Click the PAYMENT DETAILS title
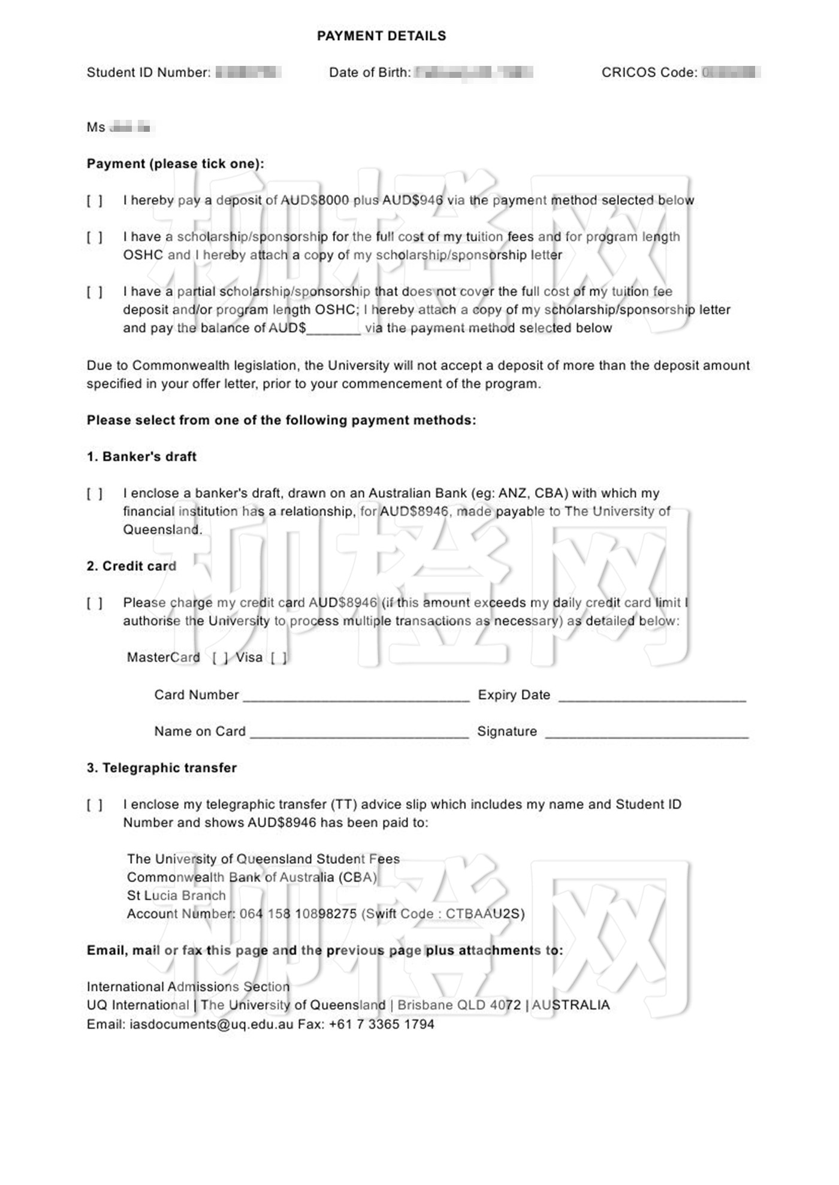point(381,36)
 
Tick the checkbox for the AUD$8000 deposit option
point(95,201)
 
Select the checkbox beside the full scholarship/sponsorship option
point(95,237)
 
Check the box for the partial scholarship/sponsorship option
point(95,292)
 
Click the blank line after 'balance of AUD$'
point(333,329)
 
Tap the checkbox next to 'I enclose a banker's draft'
point(95,494)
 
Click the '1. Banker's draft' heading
point(141,457)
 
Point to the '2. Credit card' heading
point(131,566)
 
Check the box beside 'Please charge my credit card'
point(95,603)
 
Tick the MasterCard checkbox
point(220,658)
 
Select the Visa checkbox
point(278,658)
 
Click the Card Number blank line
point(356,696)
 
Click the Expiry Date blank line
point(652,696)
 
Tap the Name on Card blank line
point(360,733)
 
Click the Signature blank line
point(647,733)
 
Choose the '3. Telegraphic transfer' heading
point(162,768)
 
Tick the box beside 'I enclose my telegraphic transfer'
point(95,805)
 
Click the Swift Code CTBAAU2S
point(485,914)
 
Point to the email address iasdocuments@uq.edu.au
point(212,1024)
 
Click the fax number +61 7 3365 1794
point(381,1024)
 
